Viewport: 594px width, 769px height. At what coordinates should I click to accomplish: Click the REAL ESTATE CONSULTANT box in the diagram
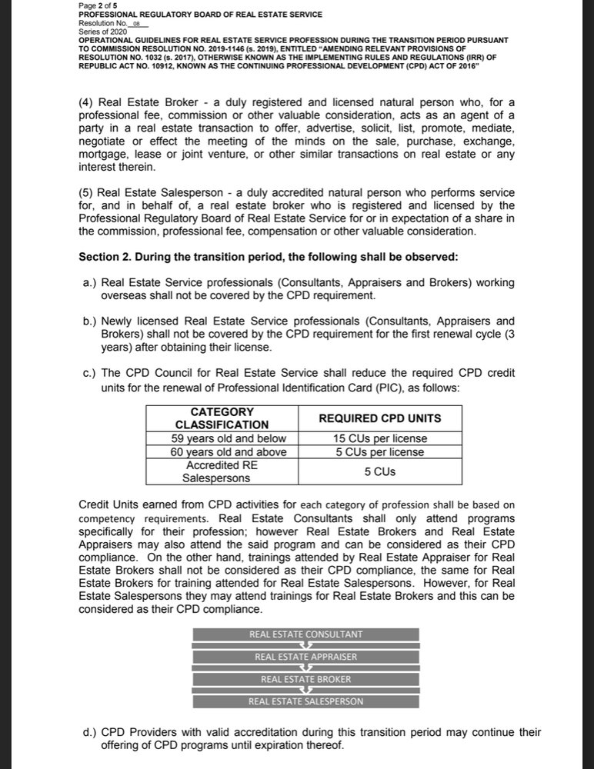[x=305, y=634]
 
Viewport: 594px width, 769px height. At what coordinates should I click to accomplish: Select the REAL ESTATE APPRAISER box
[x=305, y=657]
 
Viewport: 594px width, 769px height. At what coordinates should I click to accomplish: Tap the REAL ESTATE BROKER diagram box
[x=305, y=679]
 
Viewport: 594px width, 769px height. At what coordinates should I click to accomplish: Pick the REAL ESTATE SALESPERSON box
[x=305, y=701]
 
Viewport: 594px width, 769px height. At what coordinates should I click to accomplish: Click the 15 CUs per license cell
[x=380, y=438]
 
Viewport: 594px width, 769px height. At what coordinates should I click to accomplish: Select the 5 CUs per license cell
[x=380, y=452]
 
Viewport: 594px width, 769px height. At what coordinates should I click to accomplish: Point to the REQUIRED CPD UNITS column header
[x=380, y=418]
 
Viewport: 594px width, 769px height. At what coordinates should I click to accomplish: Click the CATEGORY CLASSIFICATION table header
[x=222, y=418]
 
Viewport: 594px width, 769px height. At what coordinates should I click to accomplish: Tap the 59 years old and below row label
[x=222, y=438]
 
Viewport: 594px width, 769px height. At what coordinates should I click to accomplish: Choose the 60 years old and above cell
[x=222, y=452]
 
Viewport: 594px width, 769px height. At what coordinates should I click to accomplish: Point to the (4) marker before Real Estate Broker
[x=87, y=102]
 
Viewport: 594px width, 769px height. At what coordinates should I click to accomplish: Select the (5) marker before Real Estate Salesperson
[x=87, y=191]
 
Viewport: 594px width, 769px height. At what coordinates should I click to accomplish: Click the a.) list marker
[x=88, y=283]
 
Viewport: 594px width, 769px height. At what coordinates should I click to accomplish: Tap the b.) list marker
[x=88, y=321]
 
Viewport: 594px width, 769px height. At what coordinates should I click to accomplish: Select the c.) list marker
[x=88, y=374]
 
